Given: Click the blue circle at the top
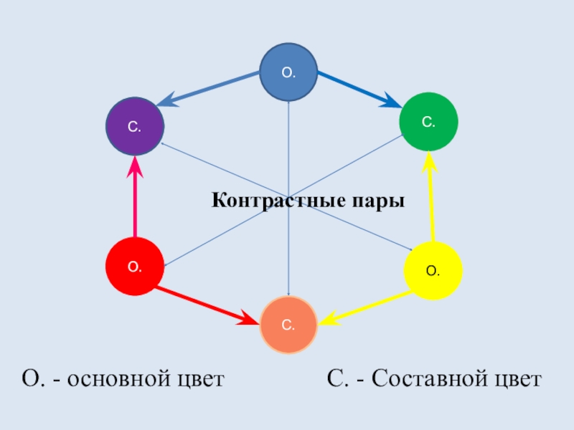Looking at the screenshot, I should pos(288,72).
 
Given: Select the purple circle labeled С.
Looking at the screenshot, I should pos(135,127).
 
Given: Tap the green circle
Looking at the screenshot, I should pos(428,122).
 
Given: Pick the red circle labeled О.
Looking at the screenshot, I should pos(135,266).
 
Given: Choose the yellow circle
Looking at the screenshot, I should pos(433,270).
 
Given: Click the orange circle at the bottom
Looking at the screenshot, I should pos(288,325).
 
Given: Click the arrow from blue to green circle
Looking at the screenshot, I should pos(359,89).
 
